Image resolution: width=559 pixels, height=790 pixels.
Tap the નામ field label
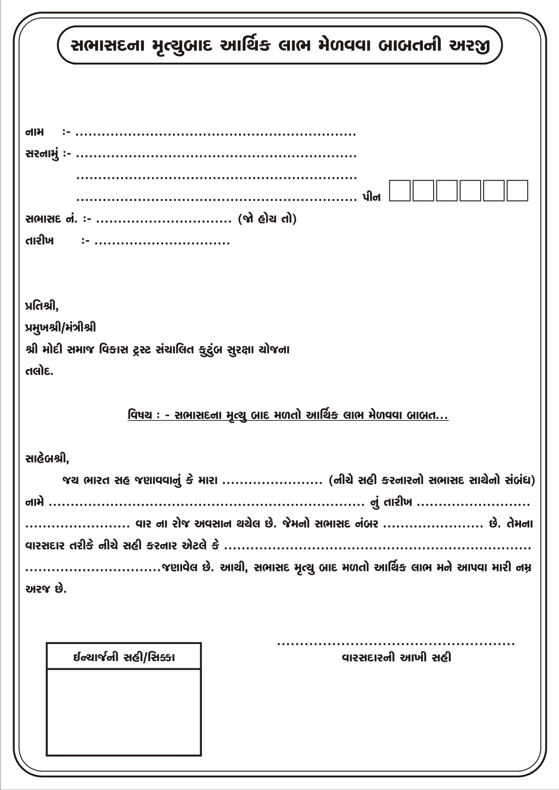[35, 132]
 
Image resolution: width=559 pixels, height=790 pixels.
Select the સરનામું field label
[42, 155]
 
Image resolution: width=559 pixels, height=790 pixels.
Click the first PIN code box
[400, 191]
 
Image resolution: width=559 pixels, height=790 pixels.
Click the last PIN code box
[517, 191]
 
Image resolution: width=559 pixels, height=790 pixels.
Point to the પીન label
[371, 197]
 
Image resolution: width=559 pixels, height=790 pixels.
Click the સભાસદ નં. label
[51, 219]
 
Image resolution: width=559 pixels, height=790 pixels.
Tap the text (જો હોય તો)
[267, 219]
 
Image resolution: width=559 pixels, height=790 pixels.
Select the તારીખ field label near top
[40, 241]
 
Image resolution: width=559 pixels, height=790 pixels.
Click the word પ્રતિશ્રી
[41, 306]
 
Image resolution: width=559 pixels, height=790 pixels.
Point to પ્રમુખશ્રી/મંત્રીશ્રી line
[60, 328]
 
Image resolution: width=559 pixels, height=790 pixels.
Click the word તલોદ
[39, 372]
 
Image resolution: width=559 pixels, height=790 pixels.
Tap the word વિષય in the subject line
[140, 415]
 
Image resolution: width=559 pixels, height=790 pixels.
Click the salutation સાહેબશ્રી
[47, 459]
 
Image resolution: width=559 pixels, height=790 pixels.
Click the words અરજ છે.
[46, 589]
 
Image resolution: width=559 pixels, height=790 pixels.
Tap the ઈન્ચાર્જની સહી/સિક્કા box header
[124, 657]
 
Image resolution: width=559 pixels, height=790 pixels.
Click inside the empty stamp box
[124, 712]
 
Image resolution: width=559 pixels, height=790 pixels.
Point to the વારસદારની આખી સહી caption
[396, 658]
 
